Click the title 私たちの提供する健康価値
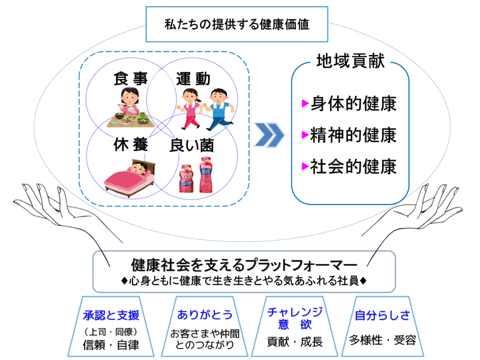point(238,25)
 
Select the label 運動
point(193,79)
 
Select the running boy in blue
point(219,108)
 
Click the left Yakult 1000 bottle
point(185,176)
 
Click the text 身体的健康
point(353,104)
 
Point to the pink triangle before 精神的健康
point(305,135)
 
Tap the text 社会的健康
point(353,166)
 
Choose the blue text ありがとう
point(205,314)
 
